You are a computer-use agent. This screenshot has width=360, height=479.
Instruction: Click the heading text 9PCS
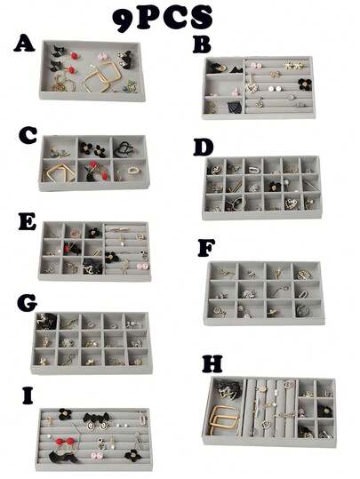coord(163,19)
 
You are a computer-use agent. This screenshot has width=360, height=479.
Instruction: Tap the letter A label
coord(24,44)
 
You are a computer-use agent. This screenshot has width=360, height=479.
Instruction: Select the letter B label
coord(202,44)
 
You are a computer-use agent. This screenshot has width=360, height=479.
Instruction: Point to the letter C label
coord(28,135)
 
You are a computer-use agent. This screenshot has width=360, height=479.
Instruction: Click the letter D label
coord(204,148)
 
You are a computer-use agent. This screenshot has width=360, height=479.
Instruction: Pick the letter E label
coord(28,221)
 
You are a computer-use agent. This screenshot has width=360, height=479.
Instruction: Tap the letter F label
coord(206,247)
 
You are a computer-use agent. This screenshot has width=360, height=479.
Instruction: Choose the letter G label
coord(28,303)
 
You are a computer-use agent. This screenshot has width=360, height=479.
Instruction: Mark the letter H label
coord(212,363)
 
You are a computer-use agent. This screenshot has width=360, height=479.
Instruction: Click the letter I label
coord(28,395)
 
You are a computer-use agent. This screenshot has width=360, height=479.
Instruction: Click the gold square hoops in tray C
coord(59,173)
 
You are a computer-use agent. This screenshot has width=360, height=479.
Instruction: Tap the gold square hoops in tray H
coord(222,419)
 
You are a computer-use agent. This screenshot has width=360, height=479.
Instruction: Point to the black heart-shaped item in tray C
coord(124,148)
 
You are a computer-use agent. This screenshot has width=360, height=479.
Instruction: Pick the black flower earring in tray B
coord(305,84)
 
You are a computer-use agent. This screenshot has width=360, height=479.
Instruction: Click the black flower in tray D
coord(275,187)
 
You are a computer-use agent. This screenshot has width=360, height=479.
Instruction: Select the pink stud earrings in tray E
coord(143,266)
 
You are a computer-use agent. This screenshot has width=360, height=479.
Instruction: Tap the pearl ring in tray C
coord(133,170)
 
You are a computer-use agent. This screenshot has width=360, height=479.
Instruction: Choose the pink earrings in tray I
coord(97,456)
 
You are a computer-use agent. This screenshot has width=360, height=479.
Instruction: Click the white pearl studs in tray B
coord(275,89)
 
